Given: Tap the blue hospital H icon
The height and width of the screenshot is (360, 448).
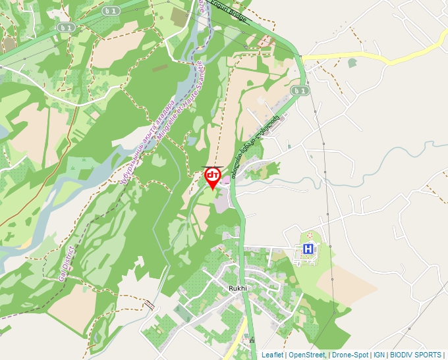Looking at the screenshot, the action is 308,249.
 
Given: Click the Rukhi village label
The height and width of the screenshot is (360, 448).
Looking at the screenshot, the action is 237,288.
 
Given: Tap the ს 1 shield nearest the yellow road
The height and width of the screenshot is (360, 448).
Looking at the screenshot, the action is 300,90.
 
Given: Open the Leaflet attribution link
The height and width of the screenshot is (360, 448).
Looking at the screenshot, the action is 272,355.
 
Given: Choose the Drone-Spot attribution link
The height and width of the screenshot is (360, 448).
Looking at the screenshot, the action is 350,355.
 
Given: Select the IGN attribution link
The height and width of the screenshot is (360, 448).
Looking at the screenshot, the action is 378,355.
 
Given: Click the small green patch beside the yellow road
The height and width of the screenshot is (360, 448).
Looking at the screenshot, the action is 352,63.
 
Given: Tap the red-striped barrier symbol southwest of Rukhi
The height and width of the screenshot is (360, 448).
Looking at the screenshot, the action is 151,305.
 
